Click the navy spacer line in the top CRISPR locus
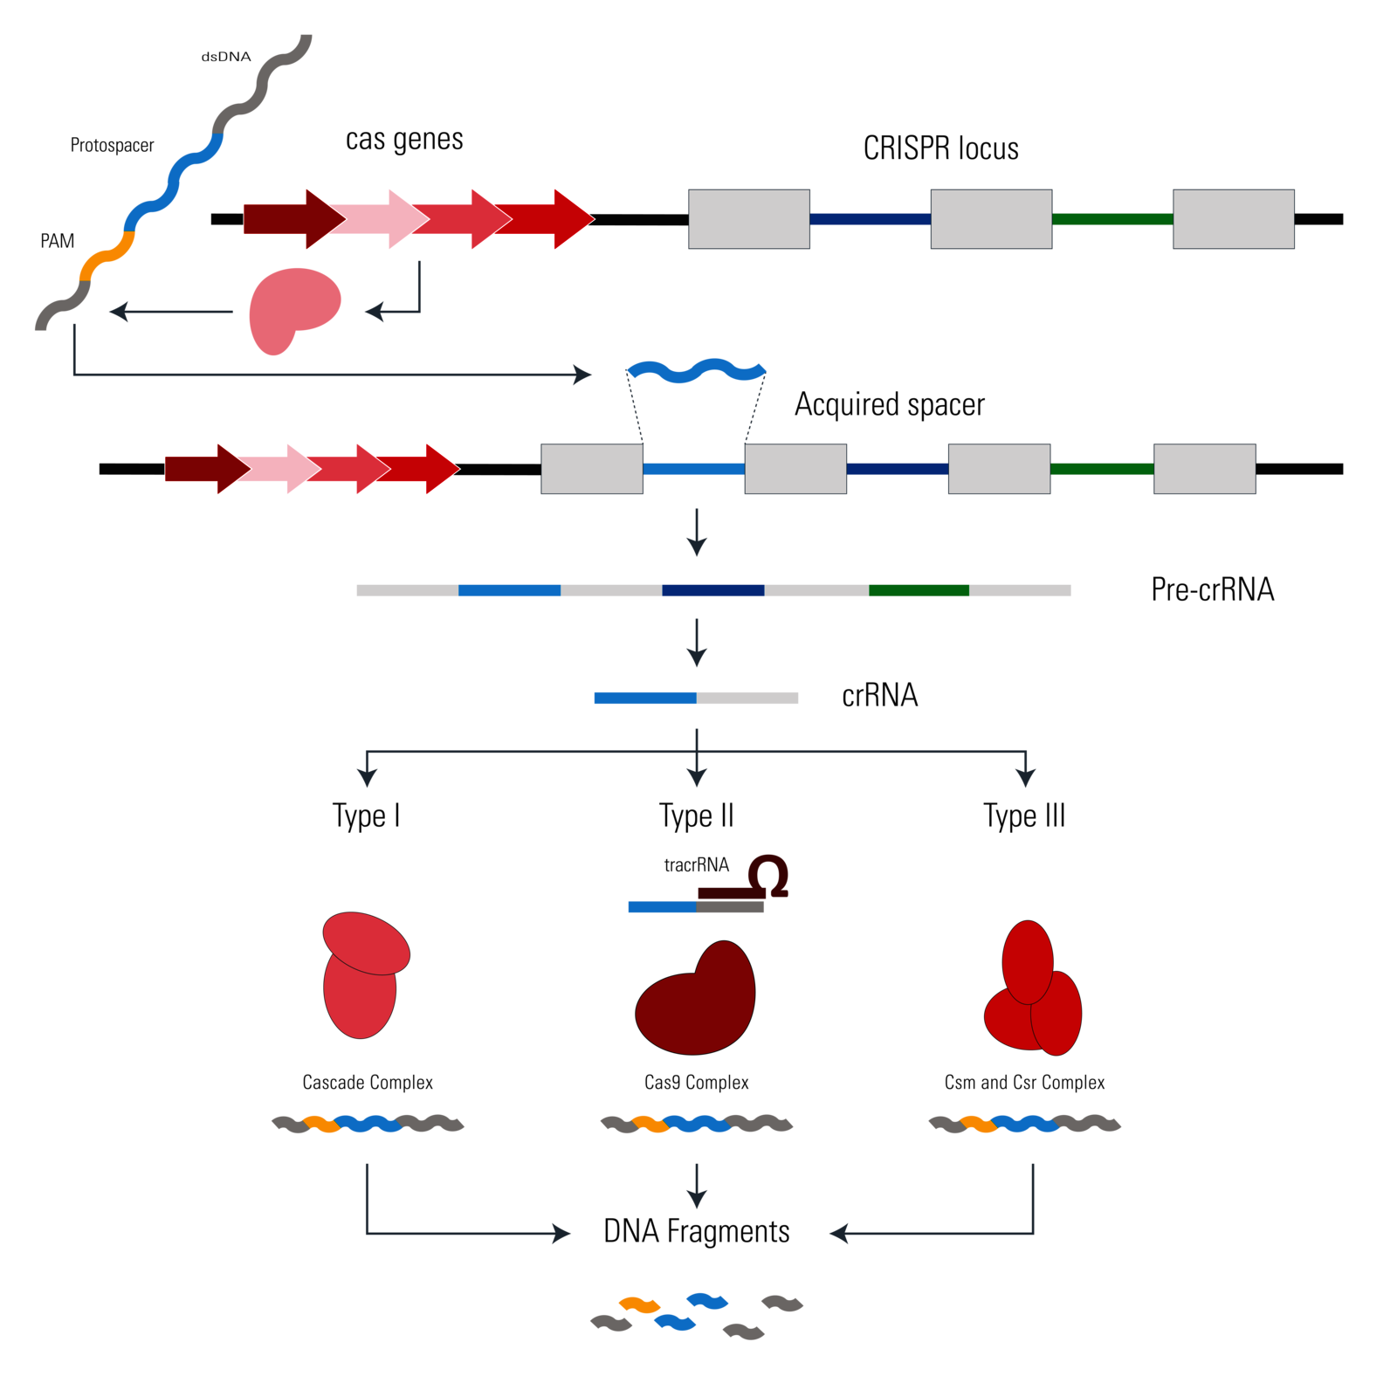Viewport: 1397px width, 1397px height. pyautogui.click(x=870, y=219)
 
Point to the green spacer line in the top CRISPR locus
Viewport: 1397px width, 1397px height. pyautogui.click(x=1112, y=219)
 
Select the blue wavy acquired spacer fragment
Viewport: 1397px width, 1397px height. pyautogui.click(x=697, y=371)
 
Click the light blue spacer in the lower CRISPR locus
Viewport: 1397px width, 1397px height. pyautogui.click(x=693, y=469)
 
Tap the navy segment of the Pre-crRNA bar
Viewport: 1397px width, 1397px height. pyautogui.click(x=712, y=590)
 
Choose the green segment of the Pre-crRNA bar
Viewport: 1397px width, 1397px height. pyautogui.click(x=919, y=590)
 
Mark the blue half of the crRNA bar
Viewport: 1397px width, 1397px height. pyautogui.click(x=644, y=698)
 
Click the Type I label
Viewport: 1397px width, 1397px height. pyautogui.click(x=368, y=816)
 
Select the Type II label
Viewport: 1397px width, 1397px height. pyautogui.click(x=697, y=816)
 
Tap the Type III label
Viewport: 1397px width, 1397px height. pyautogui.click(x=1026, y=816)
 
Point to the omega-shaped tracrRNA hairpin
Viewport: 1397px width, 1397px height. pyautogui.click(x=768, y=875)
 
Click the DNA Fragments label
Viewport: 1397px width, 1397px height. pyautogui.click(x=697, y=1231)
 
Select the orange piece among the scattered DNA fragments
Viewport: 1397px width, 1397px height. pyautogui.click(x=639, y=1305)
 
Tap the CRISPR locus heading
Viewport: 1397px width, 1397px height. pyautogui.click(x=941, y=148)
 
